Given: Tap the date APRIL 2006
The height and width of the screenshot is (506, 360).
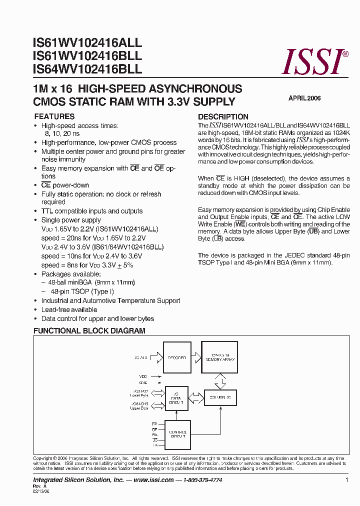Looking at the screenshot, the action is click(304, 98).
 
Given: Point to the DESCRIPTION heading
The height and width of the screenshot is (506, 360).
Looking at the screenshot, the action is click(223, 116).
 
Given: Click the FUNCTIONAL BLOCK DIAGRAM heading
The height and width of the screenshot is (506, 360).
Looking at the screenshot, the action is click(89, 331).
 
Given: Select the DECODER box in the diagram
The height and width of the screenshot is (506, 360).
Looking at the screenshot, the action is click(177, 357).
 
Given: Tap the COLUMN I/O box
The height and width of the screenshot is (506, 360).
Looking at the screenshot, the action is click(220, 398).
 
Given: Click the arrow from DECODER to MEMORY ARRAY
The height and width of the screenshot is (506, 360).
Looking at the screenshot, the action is click(196, 357).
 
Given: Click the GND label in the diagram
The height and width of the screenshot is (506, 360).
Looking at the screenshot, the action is click(143, 382).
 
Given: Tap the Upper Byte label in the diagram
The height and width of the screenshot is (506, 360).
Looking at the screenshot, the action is click(139, 408).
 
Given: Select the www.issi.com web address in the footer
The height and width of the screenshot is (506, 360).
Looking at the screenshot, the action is click(153, 480).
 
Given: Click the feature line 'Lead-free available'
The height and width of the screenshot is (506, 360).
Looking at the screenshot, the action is click(69, 309).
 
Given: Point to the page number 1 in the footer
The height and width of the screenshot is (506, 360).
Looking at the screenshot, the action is click(346, 480).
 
